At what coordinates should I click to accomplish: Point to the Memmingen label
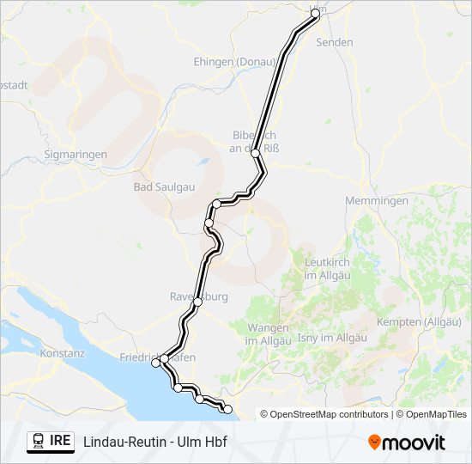pos(376,200)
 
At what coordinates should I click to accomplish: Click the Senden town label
pos(334,41)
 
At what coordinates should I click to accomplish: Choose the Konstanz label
pos(63,353)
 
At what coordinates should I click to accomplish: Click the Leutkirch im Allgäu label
pos(329,268)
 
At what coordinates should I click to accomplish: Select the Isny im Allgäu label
pos(332,338)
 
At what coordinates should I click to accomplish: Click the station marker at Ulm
pos(316,14)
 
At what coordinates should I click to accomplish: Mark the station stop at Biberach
pos(255,153)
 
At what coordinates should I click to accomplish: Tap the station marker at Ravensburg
pos(197,302)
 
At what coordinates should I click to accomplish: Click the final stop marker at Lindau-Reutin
pos(227,409)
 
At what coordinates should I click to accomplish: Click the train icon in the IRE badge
pos(39,442)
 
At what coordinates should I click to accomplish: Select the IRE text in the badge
pos(60,442)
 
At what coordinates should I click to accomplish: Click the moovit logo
pos(407,443)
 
